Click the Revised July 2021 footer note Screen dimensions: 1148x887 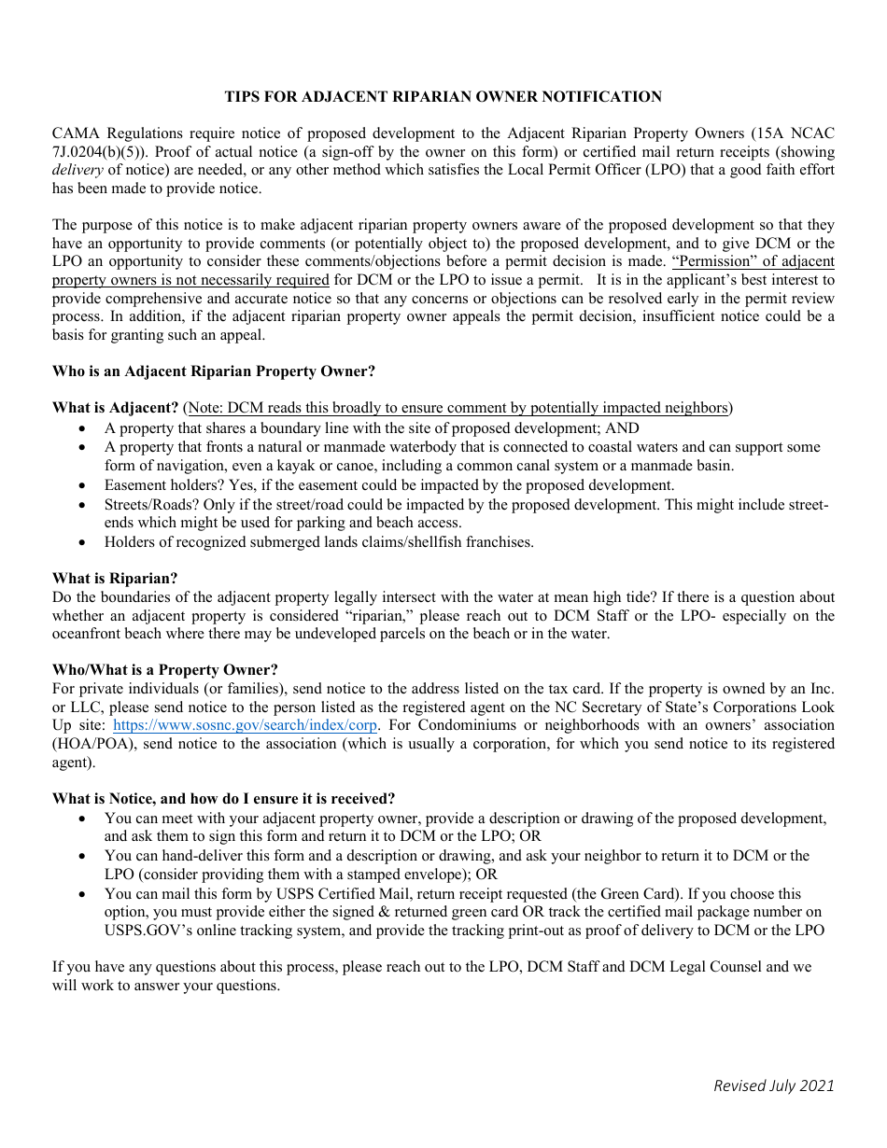(773, 1085)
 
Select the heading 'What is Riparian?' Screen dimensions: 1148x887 (115, 579)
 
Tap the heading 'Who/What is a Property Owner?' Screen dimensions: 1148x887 (165, 670)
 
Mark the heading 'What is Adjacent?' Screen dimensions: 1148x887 (116, 408)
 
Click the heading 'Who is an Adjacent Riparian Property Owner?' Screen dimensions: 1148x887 (214, 371)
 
